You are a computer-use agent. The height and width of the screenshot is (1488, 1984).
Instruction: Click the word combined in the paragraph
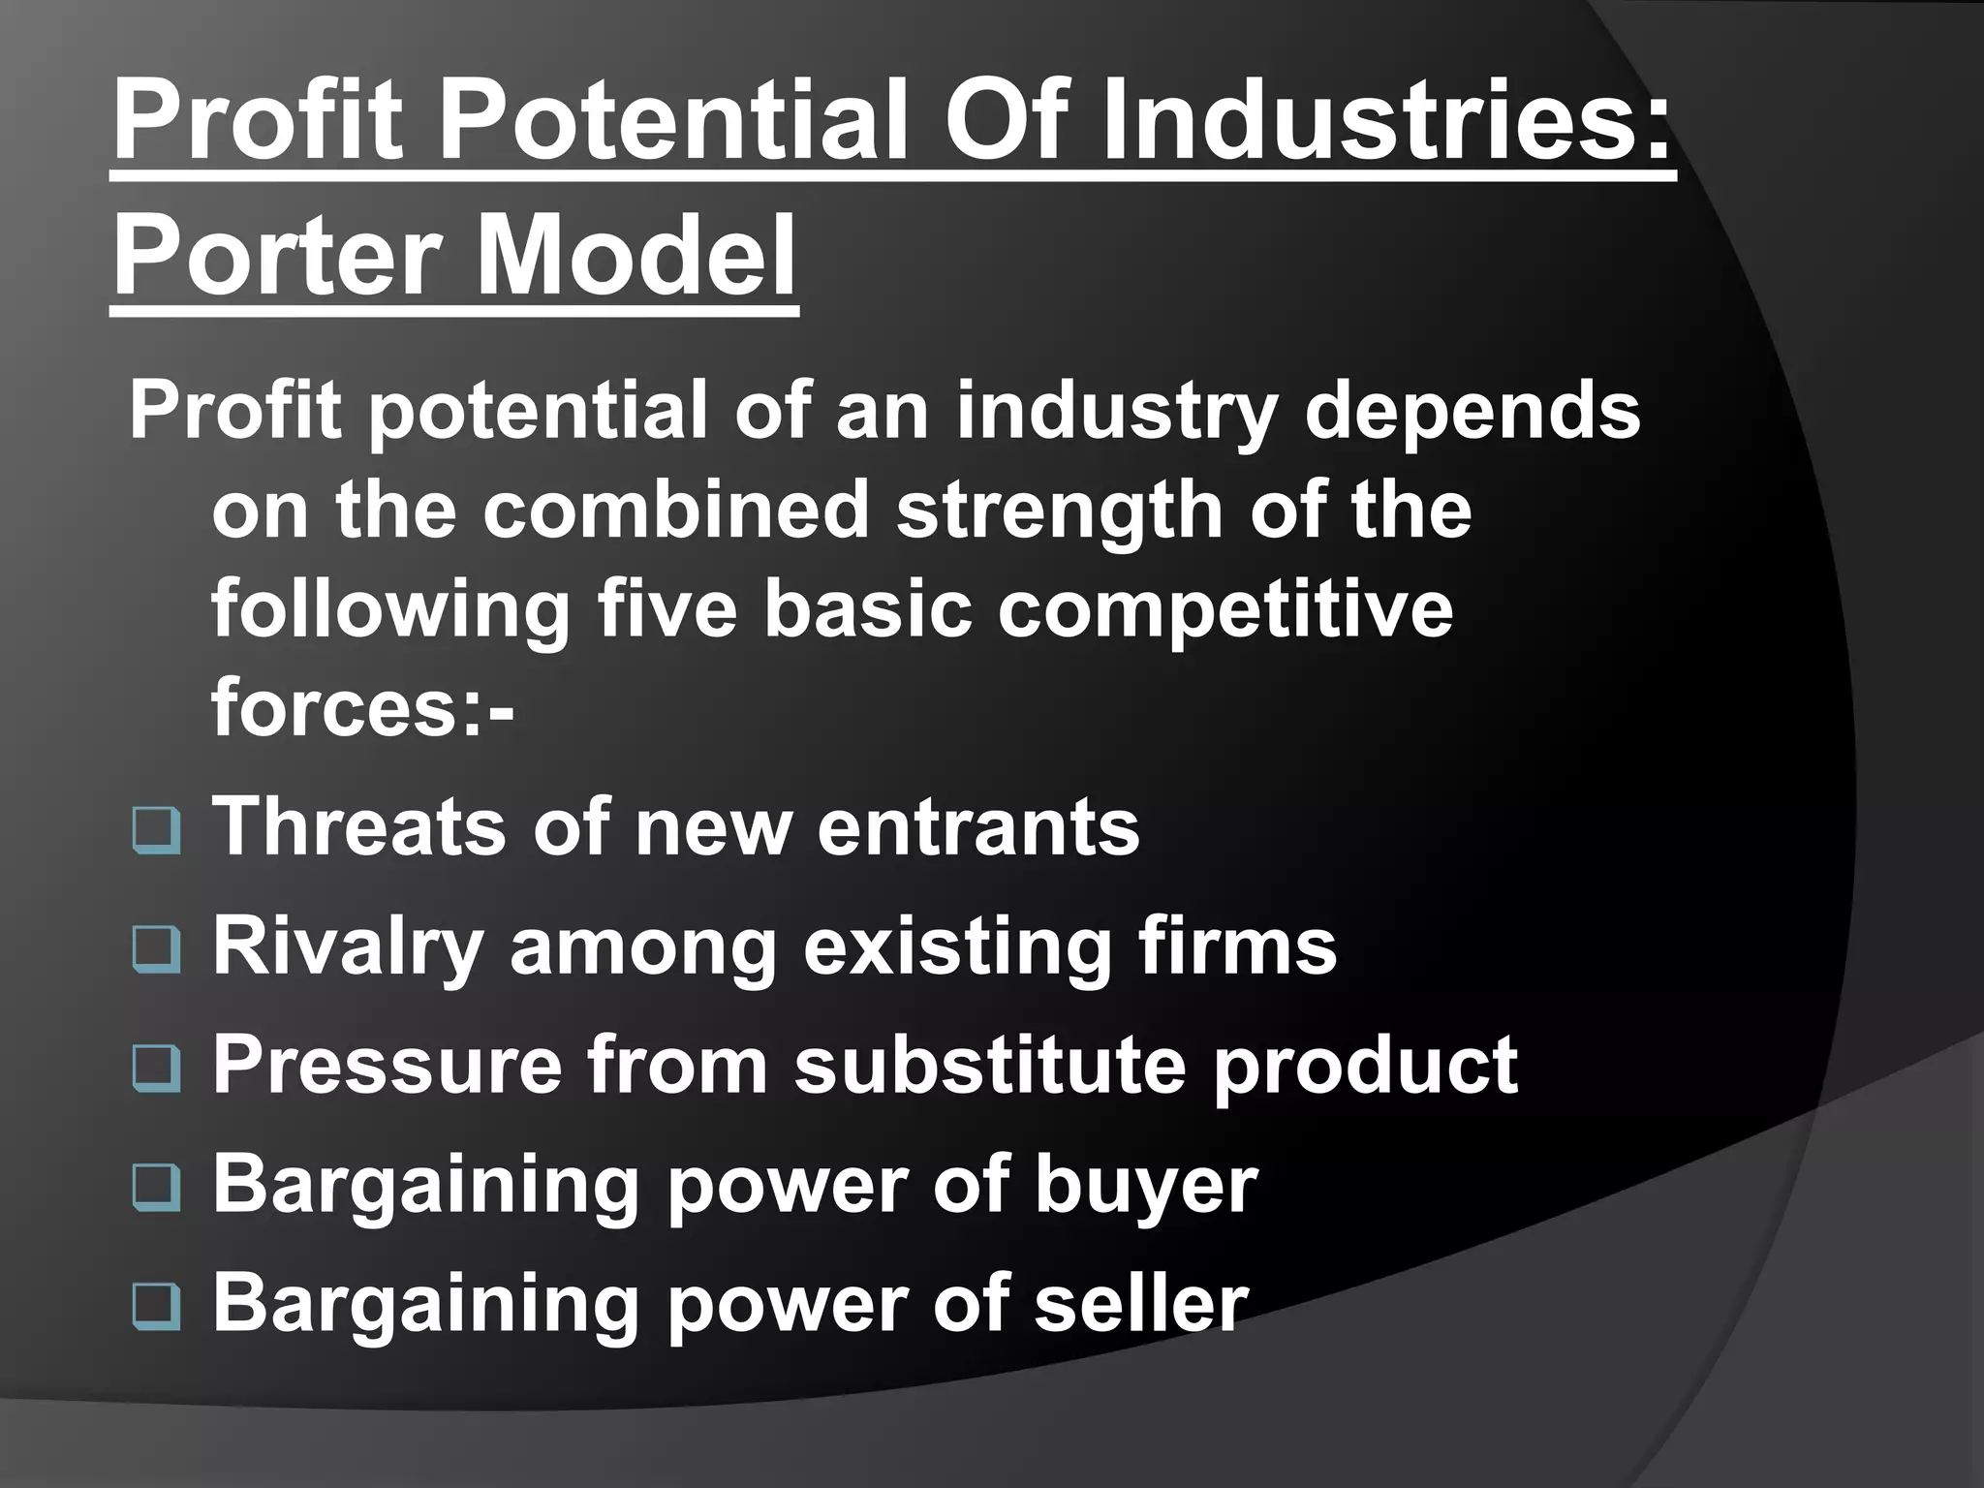pyautogui.click(x=676, y=511)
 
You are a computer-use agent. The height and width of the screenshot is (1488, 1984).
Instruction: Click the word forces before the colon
pyautogui.click(x=336, y=709)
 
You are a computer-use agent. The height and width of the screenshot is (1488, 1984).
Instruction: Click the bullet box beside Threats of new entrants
pyautogui.click(x=156, y=832)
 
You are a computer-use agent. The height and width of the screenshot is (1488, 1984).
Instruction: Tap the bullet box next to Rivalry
pyautogui.click(x=156, y=950)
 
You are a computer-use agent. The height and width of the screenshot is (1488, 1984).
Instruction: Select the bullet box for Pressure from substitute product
pyautogui.click(x=156, y=1069)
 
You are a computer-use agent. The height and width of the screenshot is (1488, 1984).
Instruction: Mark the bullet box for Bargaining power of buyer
pyautogui.click(x=156, y=1189)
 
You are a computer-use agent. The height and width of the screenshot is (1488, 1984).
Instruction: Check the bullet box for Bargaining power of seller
pyautogui.click(x=156, y=1308)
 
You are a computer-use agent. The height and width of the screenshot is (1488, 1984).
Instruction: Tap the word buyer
pyautogui.click(x=1146, y=1188)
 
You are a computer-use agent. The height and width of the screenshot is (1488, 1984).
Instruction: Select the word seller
pyautogui.click(x=1141, y=1304)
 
